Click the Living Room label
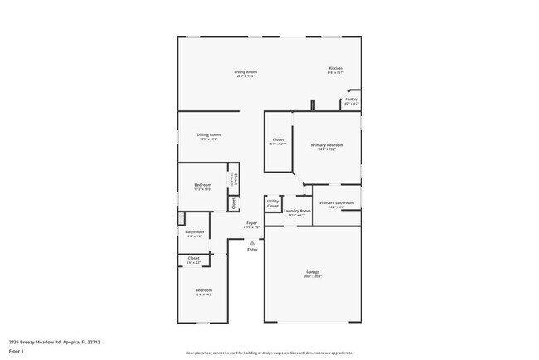245,72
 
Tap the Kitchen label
336,68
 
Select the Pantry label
352,99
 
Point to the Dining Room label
208,134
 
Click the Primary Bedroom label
327,145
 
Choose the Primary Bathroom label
337,203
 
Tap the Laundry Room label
297,211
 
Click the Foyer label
251,223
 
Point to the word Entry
252,250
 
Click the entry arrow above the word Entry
252,242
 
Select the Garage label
313,272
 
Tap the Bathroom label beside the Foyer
195,231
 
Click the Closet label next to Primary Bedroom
278,139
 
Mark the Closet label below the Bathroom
193,258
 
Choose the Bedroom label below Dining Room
203,185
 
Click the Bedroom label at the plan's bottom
204,289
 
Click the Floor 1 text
16,350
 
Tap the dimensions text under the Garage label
313,277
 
